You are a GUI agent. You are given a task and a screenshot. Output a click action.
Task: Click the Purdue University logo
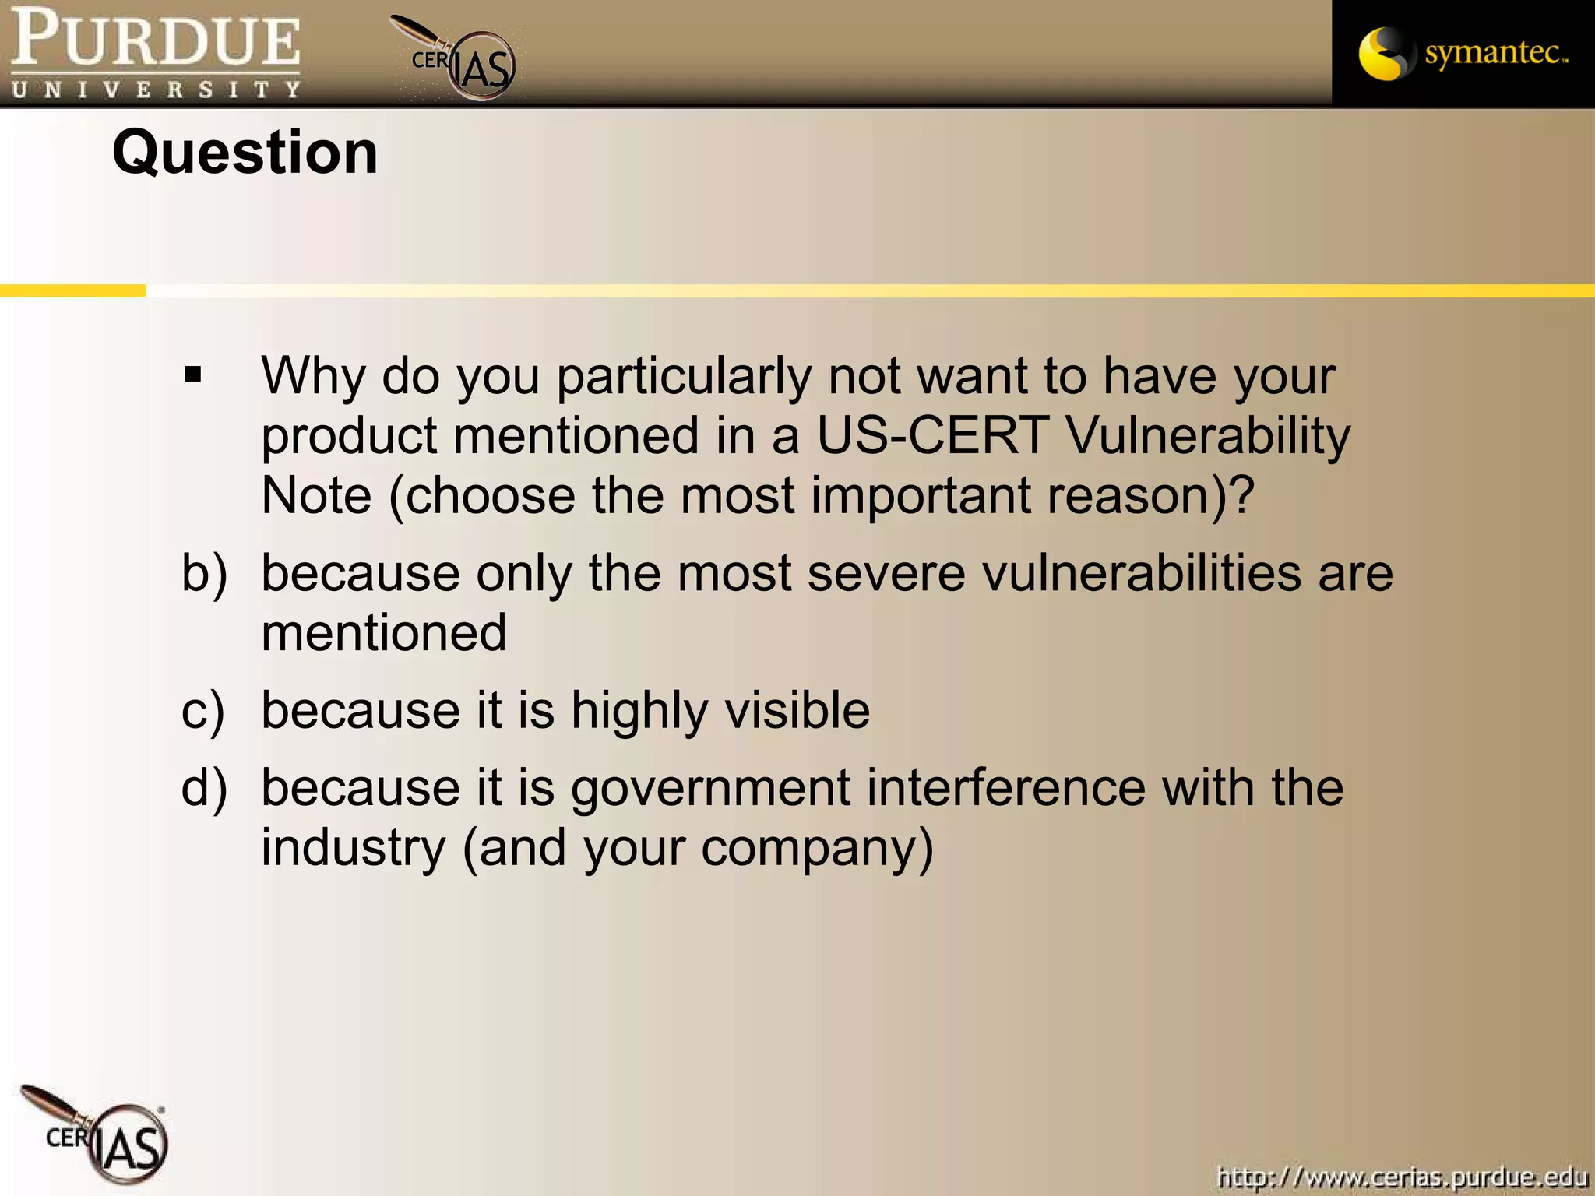click(x=156, y=53)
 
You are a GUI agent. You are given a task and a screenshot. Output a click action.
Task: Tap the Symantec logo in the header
click(x=1463, y=53)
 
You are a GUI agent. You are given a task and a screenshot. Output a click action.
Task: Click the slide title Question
click(x=245, y=153)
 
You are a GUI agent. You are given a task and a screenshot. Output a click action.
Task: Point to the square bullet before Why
click(x=193, y=376)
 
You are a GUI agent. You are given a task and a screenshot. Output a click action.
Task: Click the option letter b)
click(x=204, y=574)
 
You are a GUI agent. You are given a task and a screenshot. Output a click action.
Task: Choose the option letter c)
click(x=202, y=711)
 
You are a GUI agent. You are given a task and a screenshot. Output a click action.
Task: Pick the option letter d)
click(x=204, y=788)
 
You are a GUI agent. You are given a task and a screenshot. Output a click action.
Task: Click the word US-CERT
click(x=931, y=435)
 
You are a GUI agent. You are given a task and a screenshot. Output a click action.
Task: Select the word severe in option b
click(x=887, y=574)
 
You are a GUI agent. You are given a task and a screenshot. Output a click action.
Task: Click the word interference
click(x=1005, y=787)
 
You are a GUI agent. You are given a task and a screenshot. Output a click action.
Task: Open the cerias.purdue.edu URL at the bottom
click(x=1402, y=1177)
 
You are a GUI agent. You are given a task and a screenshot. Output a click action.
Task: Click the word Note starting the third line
click(x=316, y=495)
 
